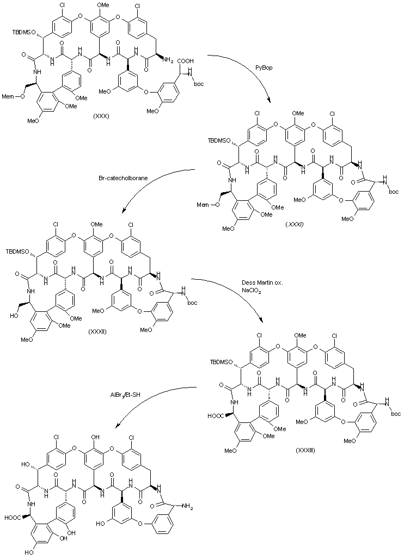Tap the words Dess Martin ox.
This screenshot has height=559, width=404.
tap(260, 284)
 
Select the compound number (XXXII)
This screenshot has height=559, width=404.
tap(99, 331)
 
